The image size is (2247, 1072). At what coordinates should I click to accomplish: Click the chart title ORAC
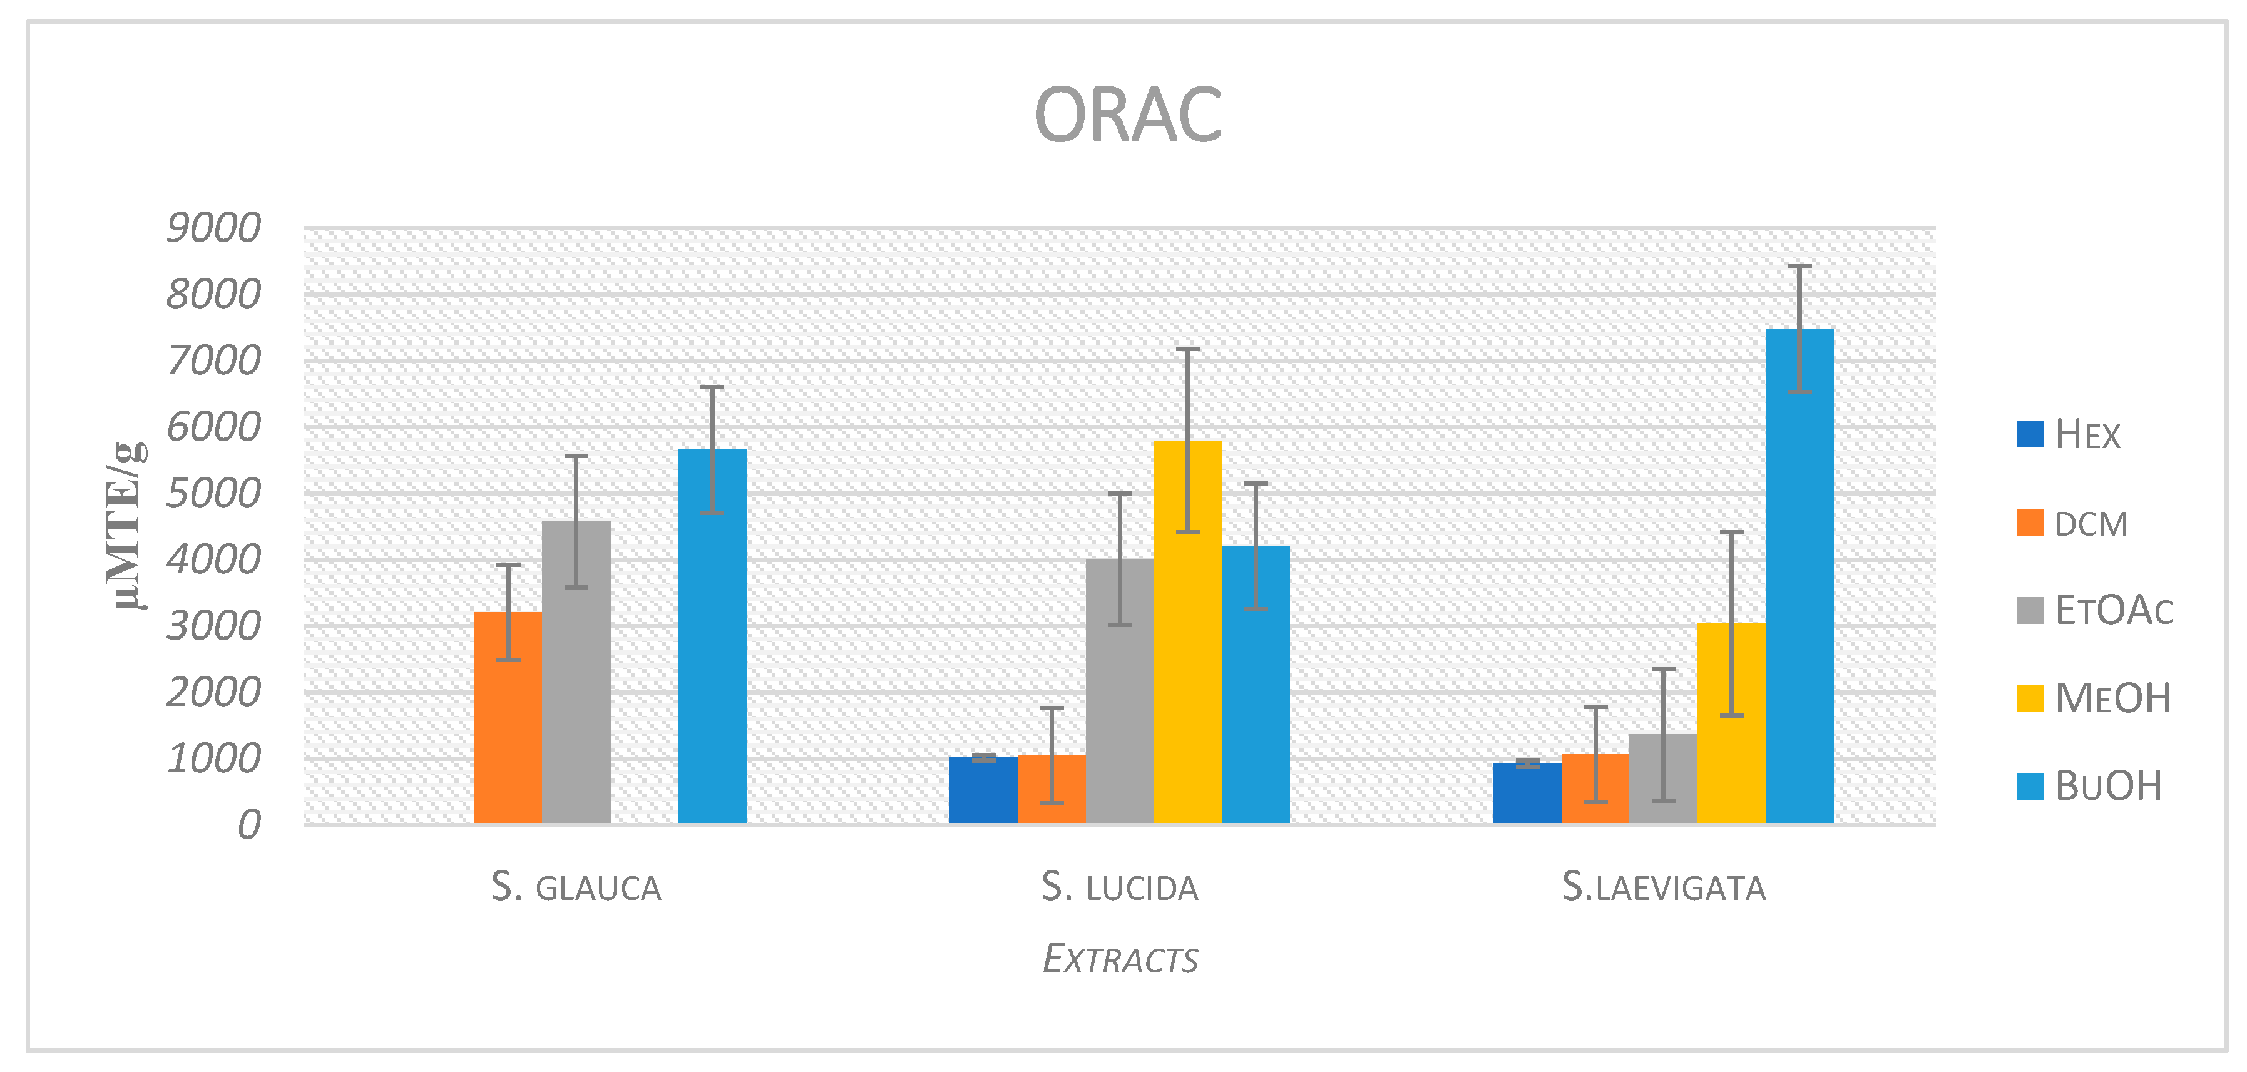click(x=1127, y=115)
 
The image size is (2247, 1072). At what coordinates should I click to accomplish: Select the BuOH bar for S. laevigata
click(x=1799, y=576)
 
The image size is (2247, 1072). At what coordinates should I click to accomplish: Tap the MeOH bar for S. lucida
click(x=1187, y=633)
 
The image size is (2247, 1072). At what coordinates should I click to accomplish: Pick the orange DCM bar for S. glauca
click(x=508, y=717)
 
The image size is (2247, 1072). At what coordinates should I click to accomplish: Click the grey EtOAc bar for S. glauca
click(x=576, y=671)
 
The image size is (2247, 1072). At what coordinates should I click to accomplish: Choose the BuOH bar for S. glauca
click(x=712, y=636)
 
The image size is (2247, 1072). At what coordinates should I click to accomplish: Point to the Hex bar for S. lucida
click(x=983, y=790)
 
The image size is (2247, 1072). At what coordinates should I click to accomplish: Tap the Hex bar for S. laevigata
click(x=1527, y=794)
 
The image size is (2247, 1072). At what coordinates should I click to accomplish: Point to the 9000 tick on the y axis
click(x=213, y=228)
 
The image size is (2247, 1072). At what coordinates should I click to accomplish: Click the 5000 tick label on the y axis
click(x=213, y=494)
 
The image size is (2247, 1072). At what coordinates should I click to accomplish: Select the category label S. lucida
click(x=1119, y=888)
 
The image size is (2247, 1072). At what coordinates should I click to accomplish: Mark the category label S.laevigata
click(x=1662, y=888)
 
